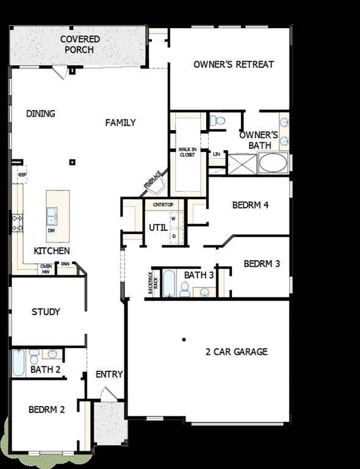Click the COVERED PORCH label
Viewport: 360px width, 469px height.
tap(80, 44)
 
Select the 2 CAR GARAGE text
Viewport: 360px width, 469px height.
tap(237, 352)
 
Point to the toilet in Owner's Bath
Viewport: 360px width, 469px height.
tap(217, 121)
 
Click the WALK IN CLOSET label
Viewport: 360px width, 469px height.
tap(187, 152)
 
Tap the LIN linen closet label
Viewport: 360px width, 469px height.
tap(216, 154)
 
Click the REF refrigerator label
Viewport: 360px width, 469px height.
tap(23, 175)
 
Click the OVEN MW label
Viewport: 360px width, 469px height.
tap(46, 269)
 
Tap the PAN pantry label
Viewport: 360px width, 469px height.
tap(65, 264)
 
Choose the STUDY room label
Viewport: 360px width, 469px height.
tap(46, 312)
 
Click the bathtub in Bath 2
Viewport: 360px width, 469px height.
tap(19, 363)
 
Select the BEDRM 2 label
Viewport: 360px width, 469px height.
tap(46, 410)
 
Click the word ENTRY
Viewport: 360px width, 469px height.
tap(110, 374)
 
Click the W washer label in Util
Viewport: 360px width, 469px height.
tap(173, 218)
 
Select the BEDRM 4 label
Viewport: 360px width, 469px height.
tap(250, 205)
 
